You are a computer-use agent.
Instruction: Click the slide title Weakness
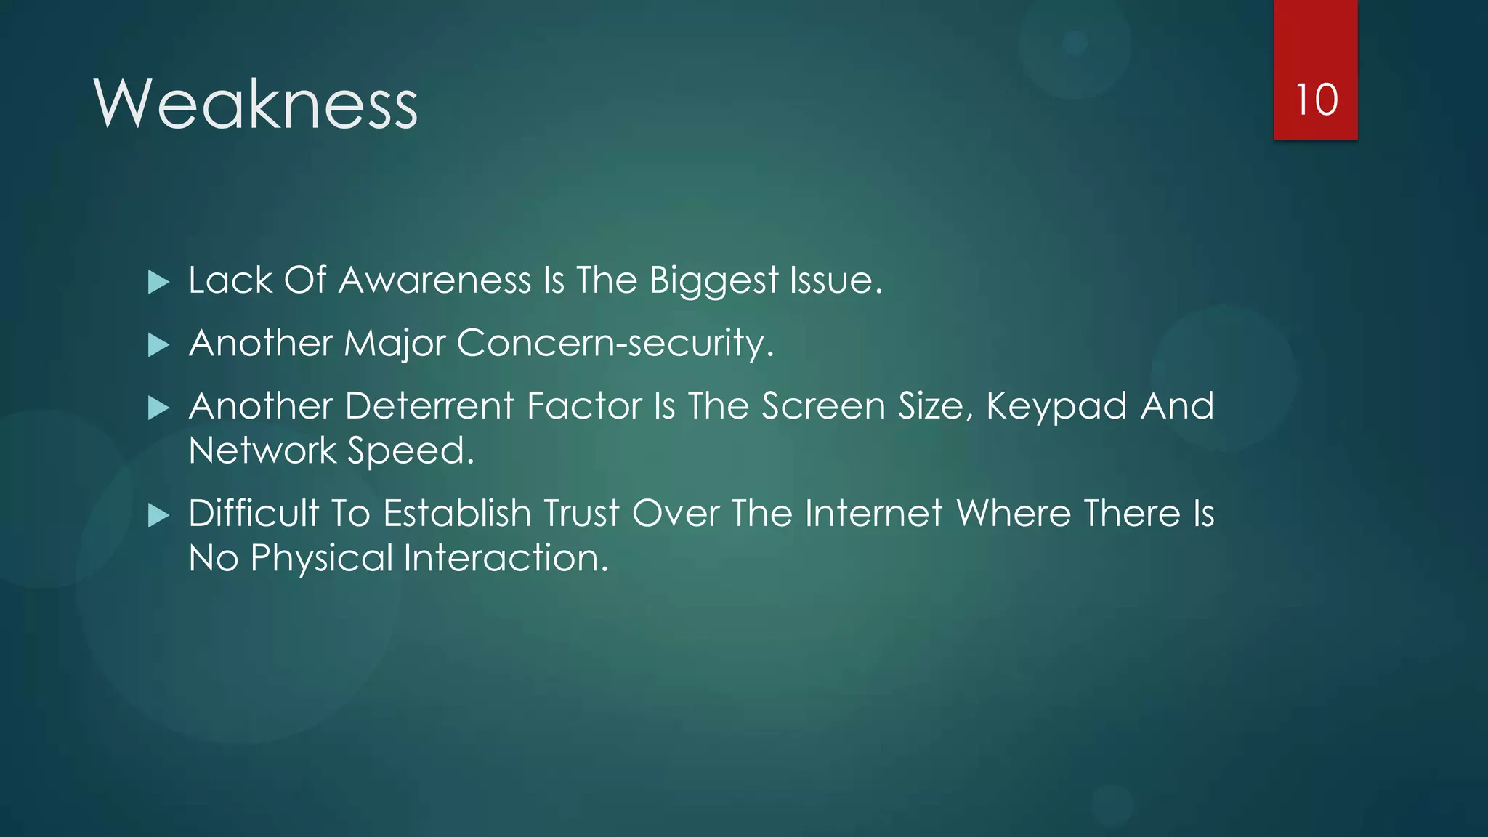click(256, 105)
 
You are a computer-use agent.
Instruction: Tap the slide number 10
click(1316, 100)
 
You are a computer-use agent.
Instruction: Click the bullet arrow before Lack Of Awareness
click(158, 282)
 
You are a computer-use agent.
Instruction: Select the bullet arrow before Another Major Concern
click(158, 344)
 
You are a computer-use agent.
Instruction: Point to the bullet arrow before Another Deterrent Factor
click(158, 408)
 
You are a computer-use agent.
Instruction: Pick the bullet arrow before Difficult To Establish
click(158, 515)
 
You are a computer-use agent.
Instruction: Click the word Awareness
click(434, 280)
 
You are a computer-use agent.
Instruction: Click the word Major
click(394, 344)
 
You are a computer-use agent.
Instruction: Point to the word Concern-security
click(615, 343)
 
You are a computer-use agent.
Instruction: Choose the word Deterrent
click(430, 406)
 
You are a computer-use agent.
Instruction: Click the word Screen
click(823, 406)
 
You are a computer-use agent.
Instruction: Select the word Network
click(262, 450)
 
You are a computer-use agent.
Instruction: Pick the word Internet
click(874, 514)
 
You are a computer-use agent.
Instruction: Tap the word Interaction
click(506, 558)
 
